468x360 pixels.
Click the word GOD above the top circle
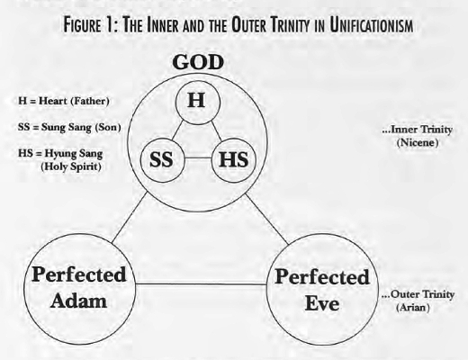(198, 62)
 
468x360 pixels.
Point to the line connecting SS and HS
(198, 157)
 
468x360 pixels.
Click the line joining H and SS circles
(178, 130)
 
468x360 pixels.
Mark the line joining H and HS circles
(216, 130)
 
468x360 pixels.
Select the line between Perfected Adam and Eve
(201, 283)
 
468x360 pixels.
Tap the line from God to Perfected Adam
(130, 218)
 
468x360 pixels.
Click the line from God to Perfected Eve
(267, 220)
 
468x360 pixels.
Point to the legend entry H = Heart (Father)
(64, 101)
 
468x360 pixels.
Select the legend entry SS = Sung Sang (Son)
(69, 127)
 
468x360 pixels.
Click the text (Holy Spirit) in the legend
(71, 166)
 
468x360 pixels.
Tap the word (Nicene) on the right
(418, 142)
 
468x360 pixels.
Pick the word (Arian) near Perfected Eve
(413, 308)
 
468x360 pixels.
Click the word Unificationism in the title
(372, 25)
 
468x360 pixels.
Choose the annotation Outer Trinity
(418, 294)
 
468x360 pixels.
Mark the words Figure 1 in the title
(89, 25)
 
